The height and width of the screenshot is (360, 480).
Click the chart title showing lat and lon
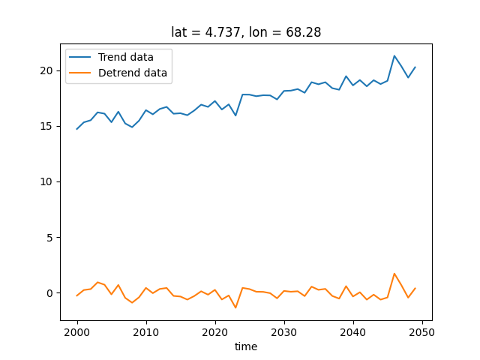(246, 32)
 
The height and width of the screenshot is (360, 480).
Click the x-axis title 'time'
(246, 346)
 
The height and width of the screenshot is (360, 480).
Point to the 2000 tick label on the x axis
(77, 331)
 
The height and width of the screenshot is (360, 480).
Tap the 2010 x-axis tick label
(146, 331)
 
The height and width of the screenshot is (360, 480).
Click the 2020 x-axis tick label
(215, 331)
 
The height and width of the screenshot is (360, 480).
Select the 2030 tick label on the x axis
(284, 331)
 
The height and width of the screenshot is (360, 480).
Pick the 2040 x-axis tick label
(353, 331)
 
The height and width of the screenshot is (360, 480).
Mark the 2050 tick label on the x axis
(422, 331)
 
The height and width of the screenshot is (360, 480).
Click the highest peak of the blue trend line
(394, 55)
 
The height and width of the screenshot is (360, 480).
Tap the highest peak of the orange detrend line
(394, 274)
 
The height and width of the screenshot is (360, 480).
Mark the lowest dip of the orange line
(235, 307)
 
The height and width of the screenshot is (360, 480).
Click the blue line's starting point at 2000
(77, 129)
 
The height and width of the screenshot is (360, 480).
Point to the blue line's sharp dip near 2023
(235, 115)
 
